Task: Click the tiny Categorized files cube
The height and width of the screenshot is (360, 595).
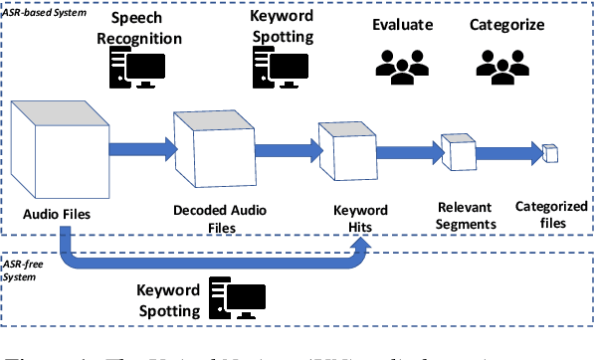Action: [549, 152]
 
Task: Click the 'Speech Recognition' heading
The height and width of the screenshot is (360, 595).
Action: [145, 28]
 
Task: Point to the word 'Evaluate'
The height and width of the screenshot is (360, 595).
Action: [402, 23]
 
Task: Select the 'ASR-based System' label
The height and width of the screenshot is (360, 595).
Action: [44, 6]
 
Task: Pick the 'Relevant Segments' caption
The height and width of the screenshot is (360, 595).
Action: [466, 217]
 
